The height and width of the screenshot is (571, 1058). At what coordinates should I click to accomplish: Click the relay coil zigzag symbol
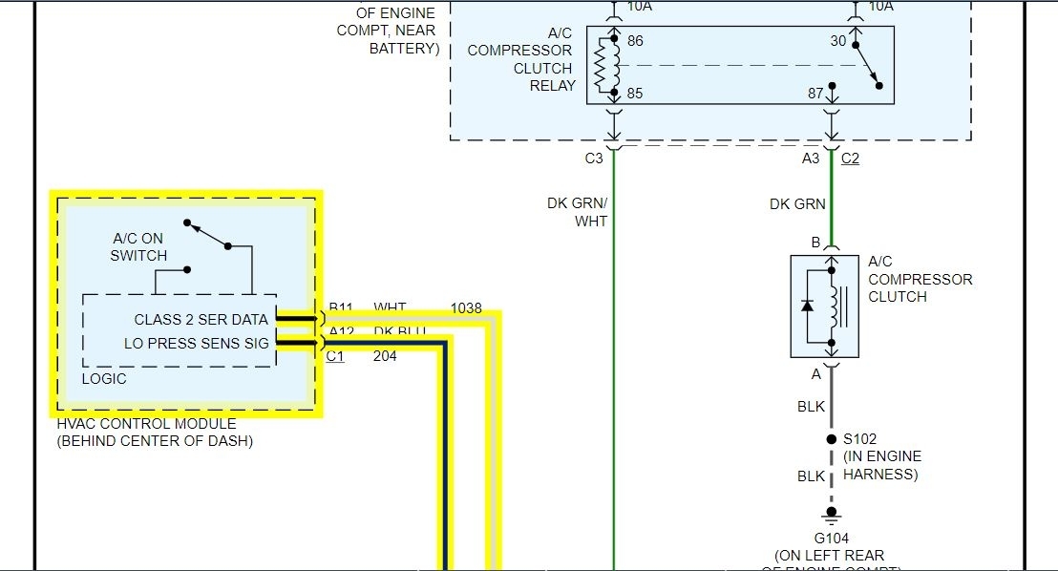click(602, 67)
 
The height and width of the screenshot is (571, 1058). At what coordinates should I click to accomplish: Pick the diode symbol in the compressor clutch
click(809, 307)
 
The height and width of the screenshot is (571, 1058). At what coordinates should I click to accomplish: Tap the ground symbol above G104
click(830, 518)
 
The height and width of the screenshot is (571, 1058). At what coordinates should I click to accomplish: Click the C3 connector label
click(594, 159)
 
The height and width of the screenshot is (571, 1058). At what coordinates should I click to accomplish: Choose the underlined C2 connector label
click(850, 159)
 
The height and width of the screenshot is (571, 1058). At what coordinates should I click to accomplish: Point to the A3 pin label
click(811, 159)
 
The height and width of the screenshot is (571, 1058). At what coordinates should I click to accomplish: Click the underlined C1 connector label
click(335, 357)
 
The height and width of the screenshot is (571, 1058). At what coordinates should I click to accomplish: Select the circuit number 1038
click(466, 308)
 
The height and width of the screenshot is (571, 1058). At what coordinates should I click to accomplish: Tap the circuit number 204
click(385, 357)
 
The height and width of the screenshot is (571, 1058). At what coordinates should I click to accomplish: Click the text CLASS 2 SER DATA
click(201, 319)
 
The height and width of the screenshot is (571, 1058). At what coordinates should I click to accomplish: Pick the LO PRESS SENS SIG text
click(196, 343)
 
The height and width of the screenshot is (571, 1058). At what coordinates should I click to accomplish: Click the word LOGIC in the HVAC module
click(104, 379)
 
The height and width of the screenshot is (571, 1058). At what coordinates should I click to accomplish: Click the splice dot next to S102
click(831, 439)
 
